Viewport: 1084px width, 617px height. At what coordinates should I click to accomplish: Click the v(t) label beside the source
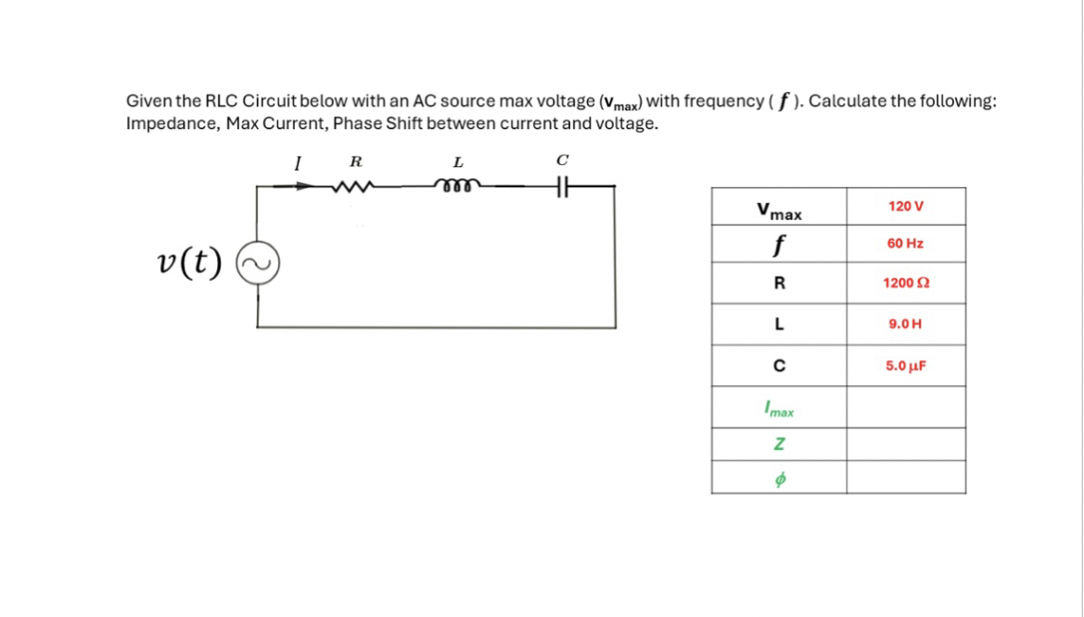coord(189,264)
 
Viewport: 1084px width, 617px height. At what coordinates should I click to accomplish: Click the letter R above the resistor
coord(354,162)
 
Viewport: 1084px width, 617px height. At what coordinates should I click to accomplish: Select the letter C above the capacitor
coord(562,161)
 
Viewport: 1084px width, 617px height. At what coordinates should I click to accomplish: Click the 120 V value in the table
coord(905,205)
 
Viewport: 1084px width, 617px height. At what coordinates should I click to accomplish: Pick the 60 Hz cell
coord(905,243)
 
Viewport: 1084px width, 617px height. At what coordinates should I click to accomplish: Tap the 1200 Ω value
coord(905,283)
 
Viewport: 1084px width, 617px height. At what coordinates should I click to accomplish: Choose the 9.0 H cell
coord(905,325)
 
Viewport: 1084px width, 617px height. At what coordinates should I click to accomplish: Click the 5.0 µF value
coord(905,366)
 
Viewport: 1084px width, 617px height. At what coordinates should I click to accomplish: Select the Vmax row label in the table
coord(779,211)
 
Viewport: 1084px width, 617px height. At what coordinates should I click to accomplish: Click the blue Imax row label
coord(779,407)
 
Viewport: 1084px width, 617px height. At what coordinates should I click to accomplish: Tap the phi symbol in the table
coord(779,479)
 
